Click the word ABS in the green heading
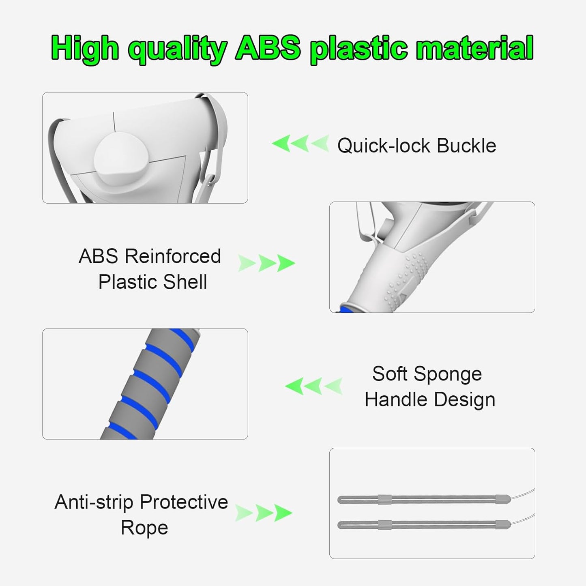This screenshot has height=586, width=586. coord(268,48)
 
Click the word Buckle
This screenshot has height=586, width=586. coord(466,146)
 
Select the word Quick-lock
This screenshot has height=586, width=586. coord(384,146)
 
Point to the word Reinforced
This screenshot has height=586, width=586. coord(173,256)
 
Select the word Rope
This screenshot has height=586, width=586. coord(144,528)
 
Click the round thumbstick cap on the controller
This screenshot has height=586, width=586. coord(122,159)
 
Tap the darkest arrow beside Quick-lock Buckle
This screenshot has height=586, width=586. coord(281,143)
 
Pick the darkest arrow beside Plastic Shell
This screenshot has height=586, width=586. coord(286,263)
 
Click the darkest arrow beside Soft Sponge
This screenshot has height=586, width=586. coord(294,386)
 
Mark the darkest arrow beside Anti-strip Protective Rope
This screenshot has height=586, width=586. coord(283,513)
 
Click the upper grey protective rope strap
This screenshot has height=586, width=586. coord(424,499)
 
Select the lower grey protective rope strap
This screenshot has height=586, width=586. coord(424,525)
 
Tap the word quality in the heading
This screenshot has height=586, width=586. coord(177,49)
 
